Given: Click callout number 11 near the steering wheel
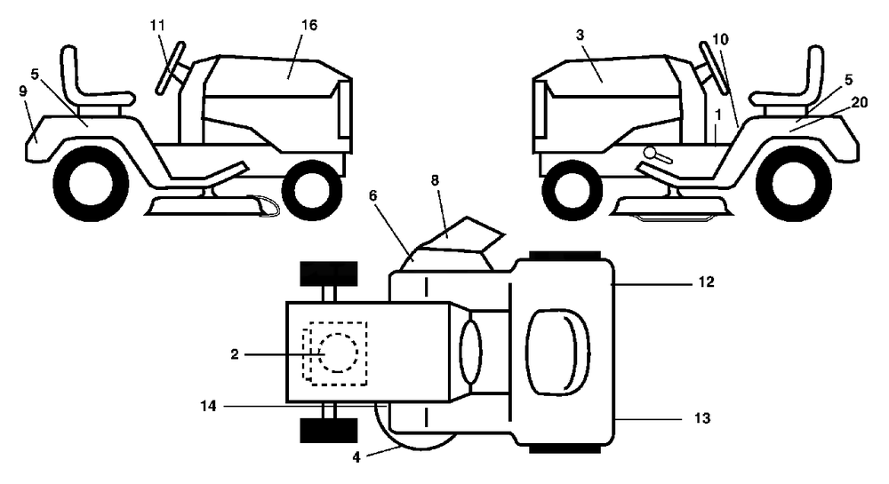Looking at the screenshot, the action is click(157, 26).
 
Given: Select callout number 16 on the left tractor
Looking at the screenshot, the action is click(309, 25).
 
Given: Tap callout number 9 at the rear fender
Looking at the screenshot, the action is click(23, 91).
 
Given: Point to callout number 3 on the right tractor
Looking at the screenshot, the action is click(580, 36).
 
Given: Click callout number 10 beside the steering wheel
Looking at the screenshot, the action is click(721, 39).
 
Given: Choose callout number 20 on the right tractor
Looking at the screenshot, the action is click(860, 102).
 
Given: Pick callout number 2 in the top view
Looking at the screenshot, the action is click(235, 355).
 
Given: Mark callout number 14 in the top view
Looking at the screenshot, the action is click(209, 406).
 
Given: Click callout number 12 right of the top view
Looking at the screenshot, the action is click(706, 282).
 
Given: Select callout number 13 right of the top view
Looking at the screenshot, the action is click(702, 418).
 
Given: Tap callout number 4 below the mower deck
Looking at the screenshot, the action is click(356, 457).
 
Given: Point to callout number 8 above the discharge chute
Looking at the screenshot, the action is click(435, 180).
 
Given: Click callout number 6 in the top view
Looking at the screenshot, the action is click(372, 195).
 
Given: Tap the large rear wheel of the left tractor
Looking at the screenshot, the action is click(92, 184).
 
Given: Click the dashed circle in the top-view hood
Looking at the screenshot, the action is click(338, 353).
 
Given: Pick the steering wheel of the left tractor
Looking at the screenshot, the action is click(170, 67).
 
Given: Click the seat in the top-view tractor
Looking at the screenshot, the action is click(558, 352).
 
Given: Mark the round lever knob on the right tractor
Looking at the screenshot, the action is click(650, 152).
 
